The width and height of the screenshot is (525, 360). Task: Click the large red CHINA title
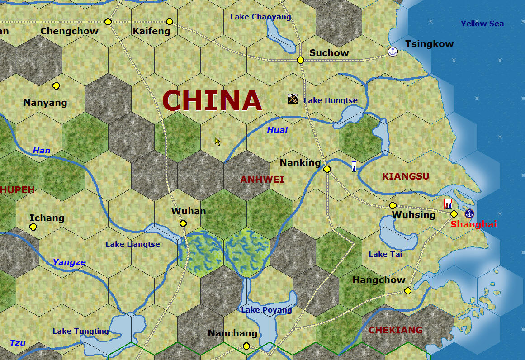pos(212,100)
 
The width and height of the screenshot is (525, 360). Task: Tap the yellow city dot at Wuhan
pos(183,223)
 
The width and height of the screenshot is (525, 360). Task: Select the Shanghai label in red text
pos(473,224)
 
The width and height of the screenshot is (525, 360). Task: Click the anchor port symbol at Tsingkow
pos(393,52)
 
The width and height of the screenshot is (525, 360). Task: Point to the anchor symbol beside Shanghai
pos(469,213)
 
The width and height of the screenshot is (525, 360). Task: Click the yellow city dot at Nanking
pos(327,169)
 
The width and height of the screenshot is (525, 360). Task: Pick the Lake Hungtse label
pos(331,100)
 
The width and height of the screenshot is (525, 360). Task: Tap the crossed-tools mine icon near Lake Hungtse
pos(293,98)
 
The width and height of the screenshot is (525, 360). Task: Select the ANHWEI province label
pos(262,180)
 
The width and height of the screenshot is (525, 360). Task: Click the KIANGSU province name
pos(406,176)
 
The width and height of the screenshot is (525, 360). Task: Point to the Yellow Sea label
pos(482,24)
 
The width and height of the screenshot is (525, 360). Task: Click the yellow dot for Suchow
pos(300,60)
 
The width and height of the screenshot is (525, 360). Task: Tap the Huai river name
pos(277,130)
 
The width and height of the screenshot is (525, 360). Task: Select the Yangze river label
pos(69,262)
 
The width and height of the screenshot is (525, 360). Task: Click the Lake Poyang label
pos(266,310)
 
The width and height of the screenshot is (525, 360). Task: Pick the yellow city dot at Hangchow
pos(408,291)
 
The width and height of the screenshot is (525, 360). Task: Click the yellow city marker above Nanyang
pos(56,85)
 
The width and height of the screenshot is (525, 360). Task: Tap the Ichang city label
pos(47,218)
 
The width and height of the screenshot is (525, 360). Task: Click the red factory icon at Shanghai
pos(448,204)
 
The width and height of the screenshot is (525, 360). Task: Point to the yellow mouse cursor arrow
pos(218,141)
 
